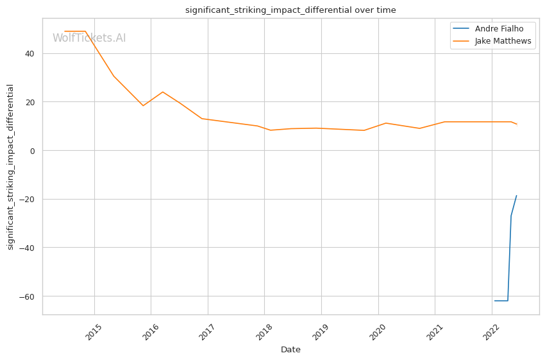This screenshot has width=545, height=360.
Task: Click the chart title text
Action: (x=290, y=10)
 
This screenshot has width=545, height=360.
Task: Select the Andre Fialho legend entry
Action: (x=499, y=29)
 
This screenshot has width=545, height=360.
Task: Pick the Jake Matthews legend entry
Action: (x=503, y=41)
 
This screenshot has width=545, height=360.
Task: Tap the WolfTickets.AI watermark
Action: (x=89, y=39)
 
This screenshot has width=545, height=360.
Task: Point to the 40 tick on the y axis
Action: (x=30, y=53)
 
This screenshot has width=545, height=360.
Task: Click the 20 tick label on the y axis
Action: (x=30, y=102)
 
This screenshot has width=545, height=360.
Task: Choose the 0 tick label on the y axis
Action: (x=33, y=151)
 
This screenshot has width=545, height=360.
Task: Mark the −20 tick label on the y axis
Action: (x=28, y=200)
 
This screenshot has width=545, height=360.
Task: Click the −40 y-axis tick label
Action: (x=28, y=248)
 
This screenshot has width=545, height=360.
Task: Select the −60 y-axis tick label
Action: (x=28, y=297)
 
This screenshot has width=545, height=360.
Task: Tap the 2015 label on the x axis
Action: (x=94, y=331)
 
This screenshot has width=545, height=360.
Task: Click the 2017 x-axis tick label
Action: (x=207, y=331)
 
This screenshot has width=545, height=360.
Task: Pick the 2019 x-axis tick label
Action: (x=321, y=331)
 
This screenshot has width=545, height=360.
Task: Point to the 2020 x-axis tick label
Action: (x=378, y=331)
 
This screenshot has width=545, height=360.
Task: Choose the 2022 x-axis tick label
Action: (x=491, y=331)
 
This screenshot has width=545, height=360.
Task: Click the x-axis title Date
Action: (x=290, y=350)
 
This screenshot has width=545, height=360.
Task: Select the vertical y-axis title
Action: (x=11, y=167)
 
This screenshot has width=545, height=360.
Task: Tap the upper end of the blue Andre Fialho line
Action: (x=517, y=196)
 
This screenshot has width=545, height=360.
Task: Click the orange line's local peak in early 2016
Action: (x=162, y=92)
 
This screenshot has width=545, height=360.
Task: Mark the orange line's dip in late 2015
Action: (x=143, y=106)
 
